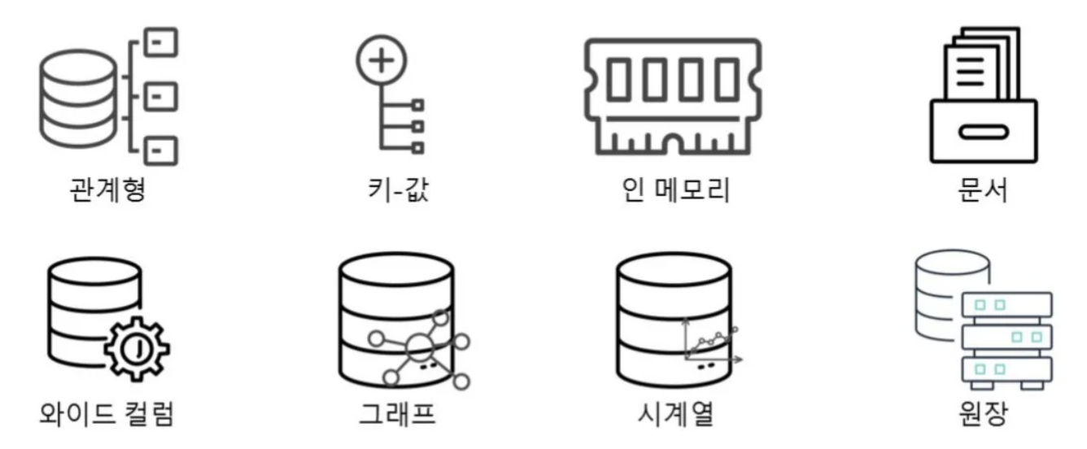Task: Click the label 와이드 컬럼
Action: click(107, 414)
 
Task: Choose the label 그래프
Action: click(398, 414)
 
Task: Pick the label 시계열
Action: click(674, 414)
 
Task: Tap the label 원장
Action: click(984, 414)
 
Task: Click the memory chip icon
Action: click(673, 95)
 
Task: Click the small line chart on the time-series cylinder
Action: click(709, 340)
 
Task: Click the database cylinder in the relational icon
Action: click(77, 97)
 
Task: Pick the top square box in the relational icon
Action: click(161, 41)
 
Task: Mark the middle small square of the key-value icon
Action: click(418, 126)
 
